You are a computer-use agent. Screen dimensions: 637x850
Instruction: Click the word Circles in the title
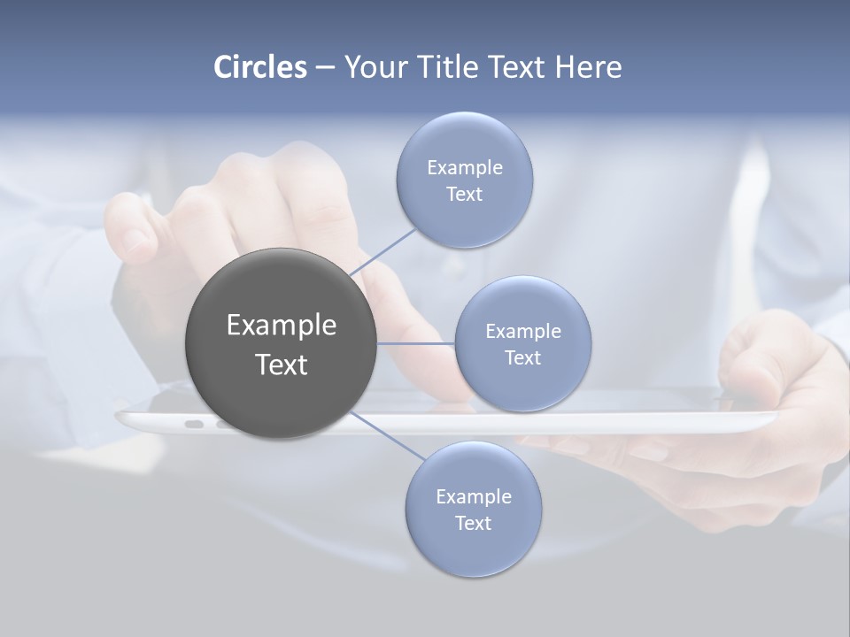point(260,67)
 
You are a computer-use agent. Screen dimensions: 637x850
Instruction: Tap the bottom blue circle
point(474,549)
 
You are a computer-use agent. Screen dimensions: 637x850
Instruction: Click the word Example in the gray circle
point(282,326)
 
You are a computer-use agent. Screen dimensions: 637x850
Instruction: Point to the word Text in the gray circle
point(282,365)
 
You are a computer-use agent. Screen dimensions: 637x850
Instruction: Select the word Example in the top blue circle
point(465,167)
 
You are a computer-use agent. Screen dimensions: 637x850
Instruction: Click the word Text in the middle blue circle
point(523,357)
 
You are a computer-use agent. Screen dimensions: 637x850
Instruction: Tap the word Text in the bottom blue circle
point(474,523)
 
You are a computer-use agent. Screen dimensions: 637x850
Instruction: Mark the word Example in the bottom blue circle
point(474,496)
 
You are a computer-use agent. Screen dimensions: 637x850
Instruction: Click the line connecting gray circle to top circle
point(382,252)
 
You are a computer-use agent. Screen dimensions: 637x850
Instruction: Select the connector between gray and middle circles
point(416,342)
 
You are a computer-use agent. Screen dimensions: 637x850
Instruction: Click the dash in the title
point(325,67)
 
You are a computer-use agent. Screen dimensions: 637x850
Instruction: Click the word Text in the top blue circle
point(465,194)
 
